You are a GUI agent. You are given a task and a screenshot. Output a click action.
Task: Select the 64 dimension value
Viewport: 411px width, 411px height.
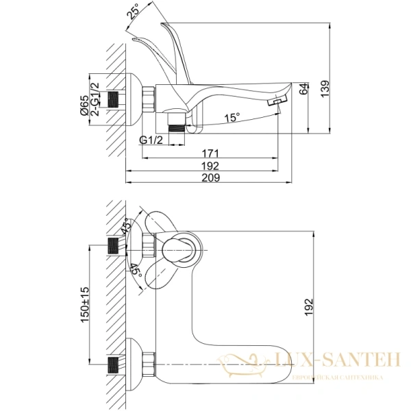tap(304, 90)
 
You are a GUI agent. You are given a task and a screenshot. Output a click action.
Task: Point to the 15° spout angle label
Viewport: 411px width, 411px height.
tap(232, 119)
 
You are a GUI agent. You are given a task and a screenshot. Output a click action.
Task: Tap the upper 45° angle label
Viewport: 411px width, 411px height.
tap(126, 227)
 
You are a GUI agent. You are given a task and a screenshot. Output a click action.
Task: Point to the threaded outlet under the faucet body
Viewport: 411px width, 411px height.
tap(177, 127)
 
